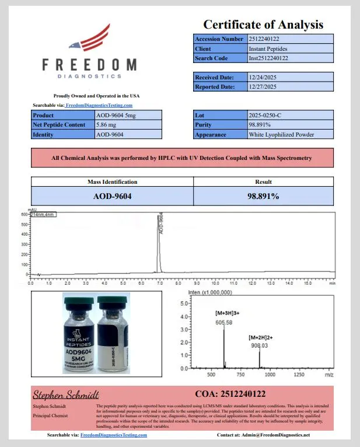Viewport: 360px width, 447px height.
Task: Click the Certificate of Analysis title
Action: point(263,25)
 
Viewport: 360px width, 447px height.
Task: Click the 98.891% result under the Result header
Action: point(263,196)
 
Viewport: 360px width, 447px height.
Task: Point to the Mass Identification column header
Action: point(112,182)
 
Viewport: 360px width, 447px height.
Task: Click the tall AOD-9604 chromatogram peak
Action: point(158,245)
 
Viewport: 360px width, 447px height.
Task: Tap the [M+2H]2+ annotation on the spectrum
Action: point(260,337)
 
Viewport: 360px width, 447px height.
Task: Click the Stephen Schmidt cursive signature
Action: point(65,394)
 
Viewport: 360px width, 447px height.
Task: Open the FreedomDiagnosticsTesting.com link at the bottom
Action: point(113,435)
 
